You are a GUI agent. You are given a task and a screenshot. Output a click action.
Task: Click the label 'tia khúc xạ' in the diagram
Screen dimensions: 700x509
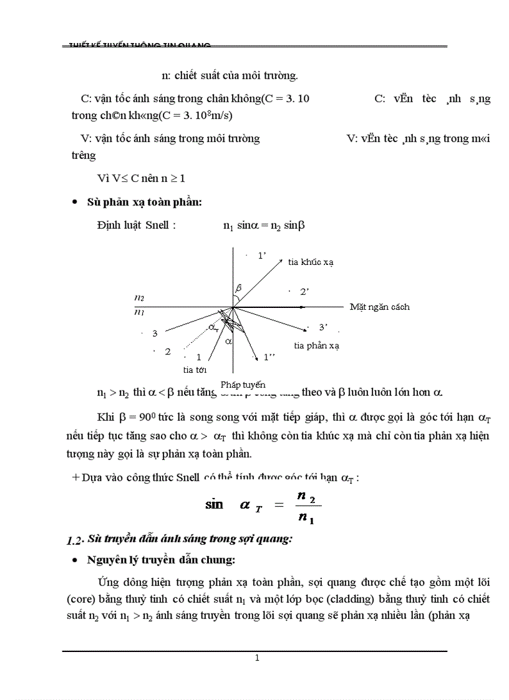[x=311, y=262]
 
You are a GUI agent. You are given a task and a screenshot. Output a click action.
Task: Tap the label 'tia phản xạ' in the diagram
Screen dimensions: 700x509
[x=316, y=345]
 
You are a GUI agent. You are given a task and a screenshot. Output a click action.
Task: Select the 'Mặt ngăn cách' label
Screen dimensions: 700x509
[x=379, y=307]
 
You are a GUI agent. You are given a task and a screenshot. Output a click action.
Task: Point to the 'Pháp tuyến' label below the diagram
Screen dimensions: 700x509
[x=243, y=385]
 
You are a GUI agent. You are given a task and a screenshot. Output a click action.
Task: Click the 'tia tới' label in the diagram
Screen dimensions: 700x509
[x=195, y=370]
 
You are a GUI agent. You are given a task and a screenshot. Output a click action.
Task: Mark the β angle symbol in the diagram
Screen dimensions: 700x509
[x=238, y=287]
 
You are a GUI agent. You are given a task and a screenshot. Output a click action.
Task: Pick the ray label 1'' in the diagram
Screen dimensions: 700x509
[x=269, y=357]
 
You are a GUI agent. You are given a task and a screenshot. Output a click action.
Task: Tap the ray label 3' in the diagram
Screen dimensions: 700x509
[x=323, y=327]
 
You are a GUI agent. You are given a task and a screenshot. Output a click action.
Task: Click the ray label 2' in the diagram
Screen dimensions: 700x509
[x=305, y=291]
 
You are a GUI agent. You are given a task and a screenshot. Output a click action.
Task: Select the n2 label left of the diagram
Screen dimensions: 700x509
[x=139, y=299]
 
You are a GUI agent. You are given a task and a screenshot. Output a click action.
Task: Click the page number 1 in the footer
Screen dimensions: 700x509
[x=257, y=658]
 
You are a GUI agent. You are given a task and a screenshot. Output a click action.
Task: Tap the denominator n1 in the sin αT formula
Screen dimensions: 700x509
[x=306, y=517]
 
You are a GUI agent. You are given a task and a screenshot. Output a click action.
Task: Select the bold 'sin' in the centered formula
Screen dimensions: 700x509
[x=214, y=504]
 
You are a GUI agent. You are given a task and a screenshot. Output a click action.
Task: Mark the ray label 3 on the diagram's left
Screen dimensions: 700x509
[x=155, y=333]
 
